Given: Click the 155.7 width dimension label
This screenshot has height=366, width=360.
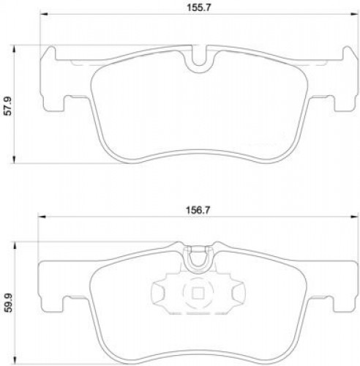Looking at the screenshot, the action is click(x=198, y=7).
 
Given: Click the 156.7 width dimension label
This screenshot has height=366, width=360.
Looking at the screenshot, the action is click(x=198, y=210).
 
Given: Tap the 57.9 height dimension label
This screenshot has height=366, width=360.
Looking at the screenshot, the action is click(x=9, y=106).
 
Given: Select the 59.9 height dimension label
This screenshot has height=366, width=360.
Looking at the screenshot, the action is click(x=9, y=302).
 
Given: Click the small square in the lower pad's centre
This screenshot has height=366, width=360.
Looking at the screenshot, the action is click(x=198, y=293).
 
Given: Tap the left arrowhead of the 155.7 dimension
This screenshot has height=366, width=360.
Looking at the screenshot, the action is click(x=43, y=15).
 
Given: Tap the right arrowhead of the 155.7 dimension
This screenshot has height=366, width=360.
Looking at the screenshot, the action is click(x=354, y=15).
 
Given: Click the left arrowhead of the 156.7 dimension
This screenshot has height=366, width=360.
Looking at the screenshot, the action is click(x=42, y=217).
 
